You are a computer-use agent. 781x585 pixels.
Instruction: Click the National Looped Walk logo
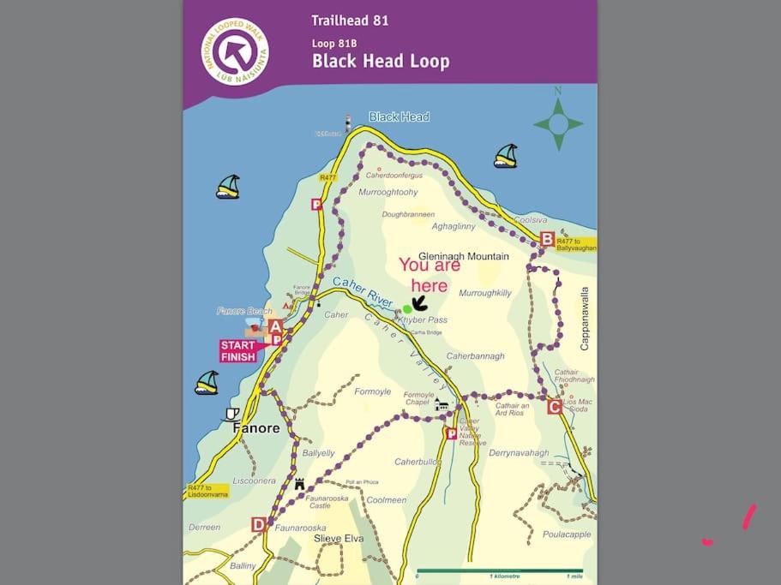tap(235, 52)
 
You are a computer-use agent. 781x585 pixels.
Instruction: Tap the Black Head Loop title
tap(380, 62)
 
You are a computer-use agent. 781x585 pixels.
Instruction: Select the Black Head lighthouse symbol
tap(348, 123)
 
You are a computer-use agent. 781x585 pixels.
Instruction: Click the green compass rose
tap(558, 123)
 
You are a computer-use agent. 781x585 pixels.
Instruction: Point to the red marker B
tap(547, 239)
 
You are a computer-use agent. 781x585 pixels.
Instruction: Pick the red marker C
tap(555, 406)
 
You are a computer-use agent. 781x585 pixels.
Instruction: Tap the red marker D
tap(259, 524)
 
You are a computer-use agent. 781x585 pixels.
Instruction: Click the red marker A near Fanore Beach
tap(275, 326)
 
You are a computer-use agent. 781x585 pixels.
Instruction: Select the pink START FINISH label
tap(239, 351)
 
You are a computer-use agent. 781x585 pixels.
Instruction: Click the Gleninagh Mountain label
tap(463, 256)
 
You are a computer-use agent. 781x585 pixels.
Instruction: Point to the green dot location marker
tap(407, 308)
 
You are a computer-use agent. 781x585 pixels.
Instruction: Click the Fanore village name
tap(257, 427)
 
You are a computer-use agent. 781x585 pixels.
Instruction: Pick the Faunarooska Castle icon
tap(299, 483)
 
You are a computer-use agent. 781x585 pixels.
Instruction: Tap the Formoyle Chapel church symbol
tap(442, 404)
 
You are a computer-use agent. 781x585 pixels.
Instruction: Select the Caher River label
tap(362, 293)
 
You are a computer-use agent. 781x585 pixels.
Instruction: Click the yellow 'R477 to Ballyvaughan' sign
tap(575, 244)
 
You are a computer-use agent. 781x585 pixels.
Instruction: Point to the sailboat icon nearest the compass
tap(506, 156)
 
